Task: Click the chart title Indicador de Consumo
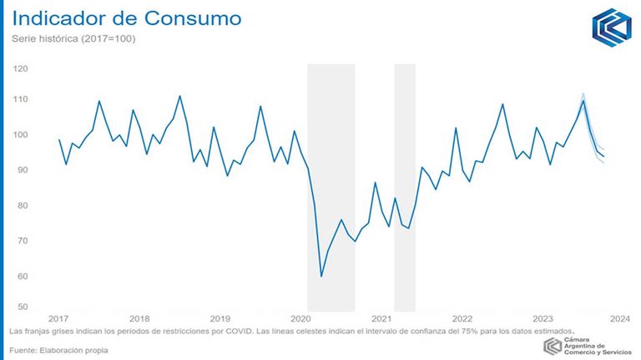click(127, 18)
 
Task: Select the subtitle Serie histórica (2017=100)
click(73, 39)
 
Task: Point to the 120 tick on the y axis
click(20, 68)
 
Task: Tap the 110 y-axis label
click(20, 99)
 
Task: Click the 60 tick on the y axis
click(23, 276)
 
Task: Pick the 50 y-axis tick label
click(23, 307)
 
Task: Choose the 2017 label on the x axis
click(58, 319)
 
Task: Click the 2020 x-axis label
click(300, 319)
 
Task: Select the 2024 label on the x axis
click(620, 319)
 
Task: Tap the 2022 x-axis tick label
click(462, 319)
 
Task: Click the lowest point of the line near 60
click(321, 276)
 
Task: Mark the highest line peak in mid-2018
click(180, 96)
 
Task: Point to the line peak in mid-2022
click(502, 104)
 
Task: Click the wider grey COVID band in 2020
click(331, 188)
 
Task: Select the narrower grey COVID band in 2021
click(405, 188)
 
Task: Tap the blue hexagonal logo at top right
click(612, 28)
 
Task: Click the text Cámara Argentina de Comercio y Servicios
click(598, 346)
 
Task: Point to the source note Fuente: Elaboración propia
click(59, 350)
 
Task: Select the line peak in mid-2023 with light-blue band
click(583, 100)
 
